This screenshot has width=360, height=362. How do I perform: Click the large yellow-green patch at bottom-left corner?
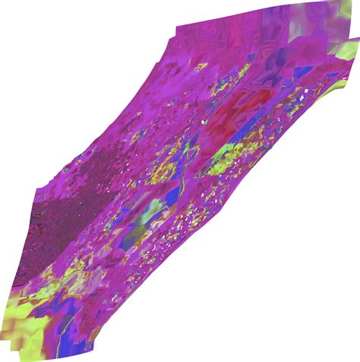tap(19, 319)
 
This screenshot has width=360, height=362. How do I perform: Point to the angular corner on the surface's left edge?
tap(33, 190)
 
